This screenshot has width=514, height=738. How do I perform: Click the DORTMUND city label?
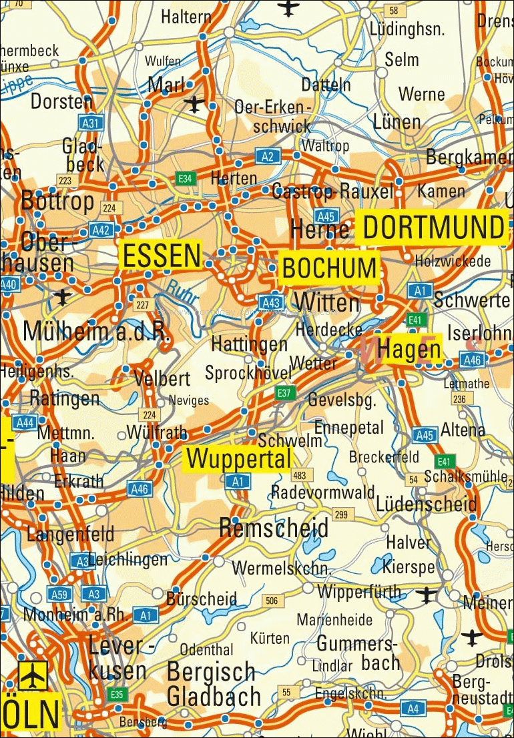coord(432,228)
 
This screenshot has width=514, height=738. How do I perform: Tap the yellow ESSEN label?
coord(160,256)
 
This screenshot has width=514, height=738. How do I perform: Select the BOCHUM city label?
coord(329,268)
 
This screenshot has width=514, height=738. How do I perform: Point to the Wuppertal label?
coord(238,458)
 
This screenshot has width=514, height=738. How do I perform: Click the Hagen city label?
coord(409,349)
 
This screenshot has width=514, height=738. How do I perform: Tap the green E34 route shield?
coord(185,178)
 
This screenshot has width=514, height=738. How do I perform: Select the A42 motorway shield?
coord(101,230)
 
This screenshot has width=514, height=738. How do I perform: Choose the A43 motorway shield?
coord(270,302)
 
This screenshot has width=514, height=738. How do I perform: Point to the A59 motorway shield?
coord(58,593)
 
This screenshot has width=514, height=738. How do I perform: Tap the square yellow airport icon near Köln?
coord(33,675)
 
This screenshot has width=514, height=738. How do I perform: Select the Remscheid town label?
coord(274,528)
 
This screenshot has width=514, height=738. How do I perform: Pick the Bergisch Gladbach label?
coord(213,685)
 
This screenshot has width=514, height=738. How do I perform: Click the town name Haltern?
coord(186,17)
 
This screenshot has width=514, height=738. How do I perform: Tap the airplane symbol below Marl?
coord(194,104)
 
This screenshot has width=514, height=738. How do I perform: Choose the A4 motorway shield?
coord(414,708)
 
